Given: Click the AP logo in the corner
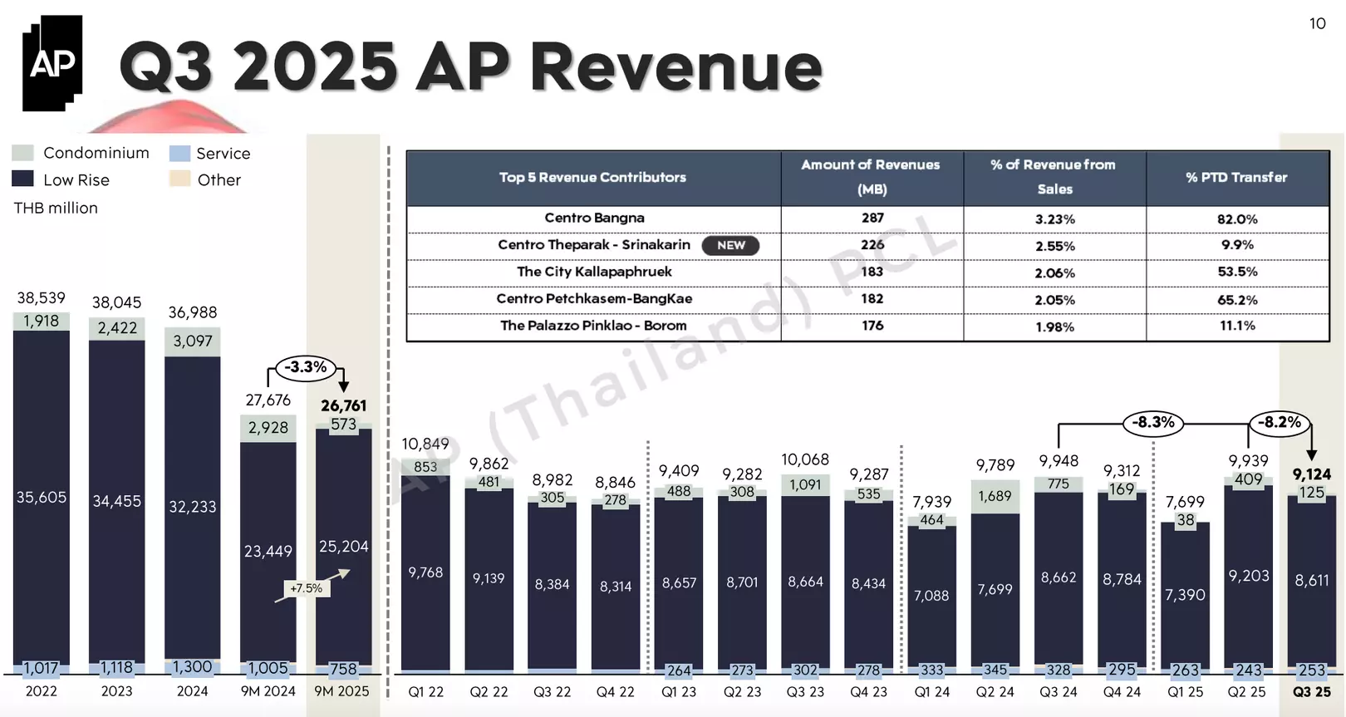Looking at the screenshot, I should [52, 62].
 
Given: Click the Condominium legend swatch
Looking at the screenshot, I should [23, 153].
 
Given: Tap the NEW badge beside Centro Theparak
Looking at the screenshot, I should [730, 245].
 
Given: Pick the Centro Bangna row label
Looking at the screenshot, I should [594, 218].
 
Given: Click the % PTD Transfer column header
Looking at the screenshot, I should [1236, 177].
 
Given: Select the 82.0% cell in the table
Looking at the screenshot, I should [1237, 219].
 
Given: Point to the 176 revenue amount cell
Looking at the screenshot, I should [872, 326].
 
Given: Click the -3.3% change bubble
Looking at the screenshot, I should [306, 367].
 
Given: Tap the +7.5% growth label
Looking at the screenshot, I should [306, 588].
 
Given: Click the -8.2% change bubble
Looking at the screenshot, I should [1279, 422].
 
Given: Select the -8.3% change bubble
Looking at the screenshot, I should [1153, 422].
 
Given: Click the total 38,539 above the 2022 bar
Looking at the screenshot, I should [41, 297].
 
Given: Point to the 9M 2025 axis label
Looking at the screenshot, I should [341, 691].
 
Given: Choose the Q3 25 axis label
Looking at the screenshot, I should [1312, 691].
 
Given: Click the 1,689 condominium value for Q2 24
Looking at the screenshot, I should [995, 496].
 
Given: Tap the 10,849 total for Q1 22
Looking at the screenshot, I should [425, 444].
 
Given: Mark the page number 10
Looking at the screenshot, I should [1318, 23].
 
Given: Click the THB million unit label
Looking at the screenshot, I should [56, 208].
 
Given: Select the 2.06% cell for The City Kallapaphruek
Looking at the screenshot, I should [1054, 273].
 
